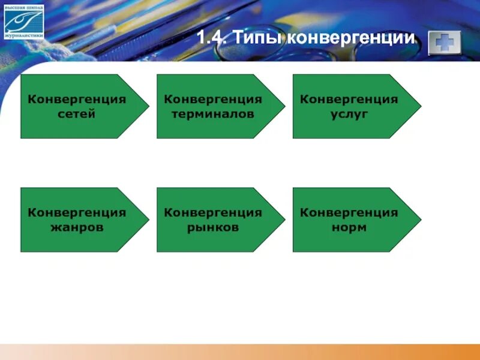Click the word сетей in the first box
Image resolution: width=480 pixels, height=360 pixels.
(77, 114)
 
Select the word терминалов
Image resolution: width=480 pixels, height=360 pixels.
(213, 114)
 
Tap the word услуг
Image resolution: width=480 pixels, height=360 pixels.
(349, 114)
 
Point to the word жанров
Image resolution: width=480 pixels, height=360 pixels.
(77, 227)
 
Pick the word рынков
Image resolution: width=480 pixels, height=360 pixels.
(213, 227)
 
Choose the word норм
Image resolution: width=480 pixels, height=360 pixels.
(349, 227)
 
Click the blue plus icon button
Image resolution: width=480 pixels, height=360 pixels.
(445, 42)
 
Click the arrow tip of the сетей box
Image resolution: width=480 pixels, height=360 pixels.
(145, 106)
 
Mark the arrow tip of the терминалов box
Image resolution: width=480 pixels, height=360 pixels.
(281, 106)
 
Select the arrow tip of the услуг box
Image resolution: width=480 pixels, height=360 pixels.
(418, 106)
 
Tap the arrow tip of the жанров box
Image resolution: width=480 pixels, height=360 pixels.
(145, 220)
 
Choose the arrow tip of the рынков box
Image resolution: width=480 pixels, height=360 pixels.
(281, 220)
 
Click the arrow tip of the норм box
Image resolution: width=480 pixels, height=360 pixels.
(418, 220)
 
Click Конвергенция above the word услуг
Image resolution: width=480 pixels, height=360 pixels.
(349, 99)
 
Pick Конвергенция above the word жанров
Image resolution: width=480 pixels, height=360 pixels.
(77, 212)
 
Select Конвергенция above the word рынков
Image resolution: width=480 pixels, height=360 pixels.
(213, 212)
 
